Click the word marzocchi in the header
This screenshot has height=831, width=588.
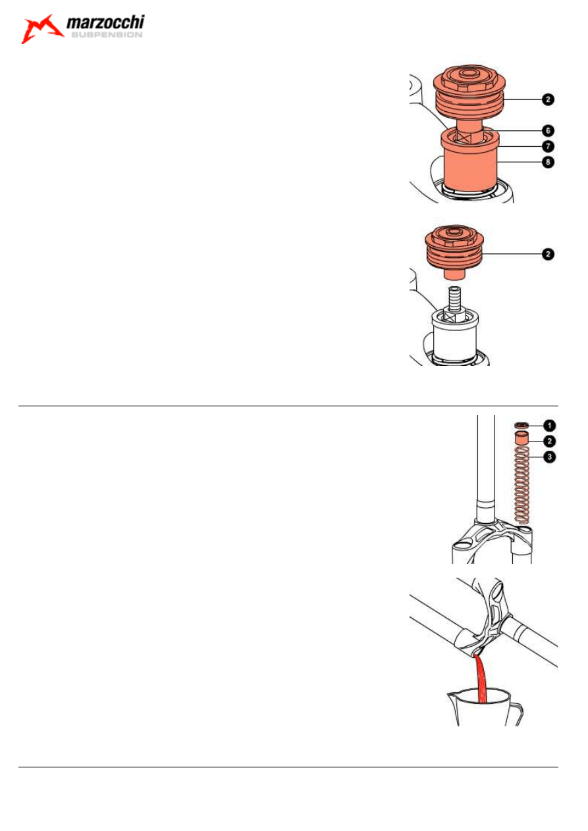pyautogui.click(x=105, y=22)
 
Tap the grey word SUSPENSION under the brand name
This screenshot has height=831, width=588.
pyautogui.click(x=107, y=35)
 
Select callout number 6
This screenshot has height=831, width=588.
pyautogui.click(x=548, y=130)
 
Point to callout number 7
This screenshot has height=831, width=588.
pyautogui.click(x=548, y=146)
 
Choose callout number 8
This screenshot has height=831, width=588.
pyautogui.click(x=548, y=162)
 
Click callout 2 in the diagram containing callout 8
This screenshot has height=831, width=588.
pyautogui.click(x=548, y=99)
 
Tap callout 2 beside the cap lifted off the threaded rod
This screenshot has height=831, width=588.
pyautogui.click(x=548, y=254)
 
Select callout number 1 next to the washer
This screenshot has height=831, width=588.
pyautogui.click(x=549, y=426)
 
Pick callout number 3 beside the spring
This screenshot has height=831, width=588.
pyautogui.click(x=549, y=457)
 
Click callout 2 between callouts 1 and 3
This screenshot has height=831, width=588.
pyautogui.click(x=549, y=441)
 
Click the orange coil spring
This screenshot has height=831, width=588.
pyautogui.click(x=521, y=485)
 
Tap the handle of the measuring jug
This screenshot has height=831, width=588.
pyautogui.click(x=518, y=714)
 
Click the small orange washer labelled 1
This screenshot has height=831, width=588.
pyautogui.click(x=521, y=425)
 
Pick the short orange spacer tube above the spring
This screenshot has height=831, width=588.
pyautogui.click(x=521, y=438)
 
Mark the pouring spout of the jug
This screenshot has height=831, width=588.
pyautogui.click(x=450, y=695)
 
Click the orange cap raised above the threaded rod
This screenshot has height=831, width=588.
pyautogui.click(x=455, y=251)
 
